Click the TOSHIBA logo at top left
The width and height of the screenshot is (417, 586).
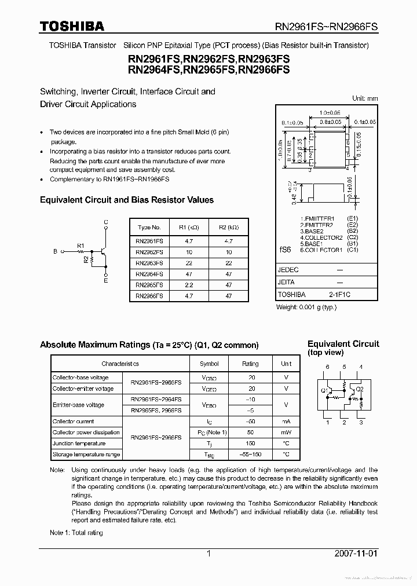72,26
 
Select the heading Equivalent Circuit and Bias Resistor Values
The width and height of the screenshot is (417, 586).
126,200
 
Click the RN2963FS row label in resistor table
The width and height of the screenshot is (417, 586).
149,263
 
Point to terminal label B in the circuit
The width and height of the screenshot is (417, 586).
56,252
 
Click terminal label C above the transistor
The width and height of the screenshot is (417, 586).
105,222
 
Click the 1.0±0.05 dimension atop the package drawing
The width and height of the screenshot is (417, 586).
330,113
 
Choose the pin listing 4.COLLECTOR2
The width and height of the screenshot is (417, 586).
321,237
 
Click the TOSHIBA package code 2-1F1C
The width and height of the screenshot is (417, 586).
340,295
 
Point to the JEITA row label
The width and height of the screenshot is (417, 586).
287,283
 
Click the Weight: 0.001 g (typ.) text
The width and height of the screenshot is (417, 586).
306,308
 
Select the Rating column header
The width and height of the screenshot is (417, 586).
250,364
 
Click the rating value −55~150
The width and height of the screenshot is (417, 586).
250,455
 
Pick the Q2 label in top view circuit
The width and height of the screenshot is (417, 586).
359,389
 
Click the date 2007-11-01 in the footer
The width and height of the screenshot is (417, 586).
356,553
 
